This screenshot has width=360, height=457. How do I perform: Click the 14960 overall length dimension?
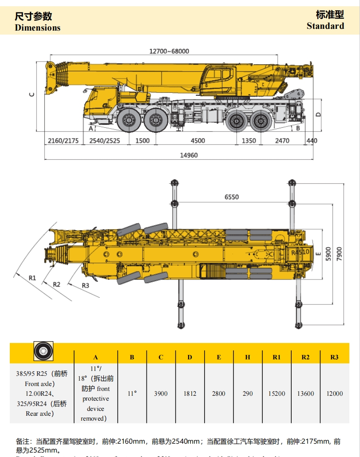point(189,155)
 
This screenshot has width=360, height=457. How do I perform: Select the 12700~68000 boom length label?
point(169,51)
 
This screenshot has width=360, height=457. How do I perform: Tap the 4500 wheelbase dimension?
point(198,141)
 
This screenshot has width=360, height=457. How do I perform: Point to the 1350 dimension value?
point(249,141)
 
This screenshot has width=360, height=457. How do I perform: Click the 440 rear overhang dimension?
point(312,141)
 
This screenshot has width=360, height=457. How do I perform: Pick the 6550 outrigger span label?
point(231,197)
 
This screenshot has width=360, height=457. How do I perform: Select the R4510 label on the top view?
point(301,252)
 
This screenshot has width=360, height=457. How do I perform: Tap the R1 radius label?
point(32,277)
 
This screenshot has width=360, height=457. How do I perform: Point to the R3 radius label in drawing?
point(85,285)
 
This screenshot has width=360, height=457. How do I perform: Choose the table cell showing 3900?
point(161,394)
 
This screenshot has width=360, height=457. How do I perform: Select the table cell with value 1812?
point(190,394)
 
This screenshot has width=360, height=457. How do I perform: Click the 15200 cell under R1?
point(277,394)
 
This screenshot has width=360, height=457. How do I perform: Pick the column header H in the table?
point(248,357)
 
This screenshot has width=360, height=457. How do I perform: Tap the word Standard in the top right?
point(325,26)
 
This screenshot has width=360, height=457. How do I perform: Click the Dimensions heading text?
point(37,28)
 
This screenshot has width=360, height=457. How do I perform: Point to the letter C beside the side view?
point(32,94)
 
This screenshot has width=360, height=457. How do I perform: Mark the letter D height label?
point(318,114)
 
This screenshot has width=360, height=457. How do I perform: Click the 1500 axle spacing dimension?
point(142,141)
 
